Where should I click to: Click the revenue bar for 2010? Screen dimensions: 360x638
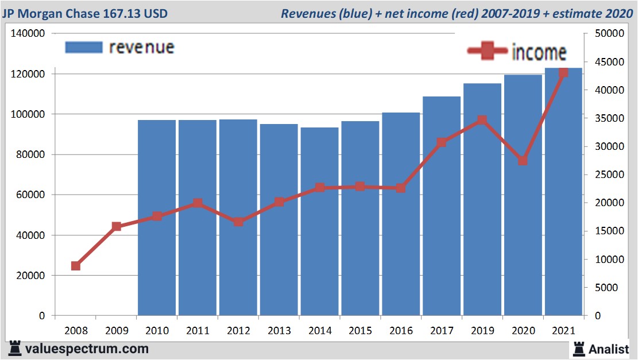click(157, 218)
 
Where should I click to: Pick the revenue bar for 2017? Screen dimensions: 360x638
click(442, 206)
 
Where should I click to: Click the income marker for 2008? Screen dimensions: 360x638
click(76, 266)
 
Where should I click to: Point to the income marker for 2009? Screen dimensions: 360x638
click(117, 226)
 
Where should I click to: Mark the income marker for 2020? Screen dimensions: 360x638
click(523, 161)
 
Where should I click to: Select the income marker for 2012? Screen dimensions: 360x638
click(238, 222)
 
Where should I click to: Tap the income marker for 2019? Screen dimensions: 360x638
click(482, 120)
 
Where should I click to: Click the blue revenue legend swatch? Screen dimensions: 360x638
click(84, 47)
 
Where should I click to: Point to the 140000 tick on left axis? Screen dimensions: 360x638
click(28, 34)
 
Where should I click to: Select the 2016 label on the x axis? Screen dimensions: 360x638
click(401, 331)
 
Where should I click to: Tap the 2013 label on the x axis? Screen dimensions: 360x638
click(279, 331)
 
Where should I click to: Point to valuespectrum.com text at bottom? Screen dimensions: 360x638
click(86, 349)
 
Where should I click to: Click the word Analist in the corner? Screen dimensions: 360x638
click(608, 349)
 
